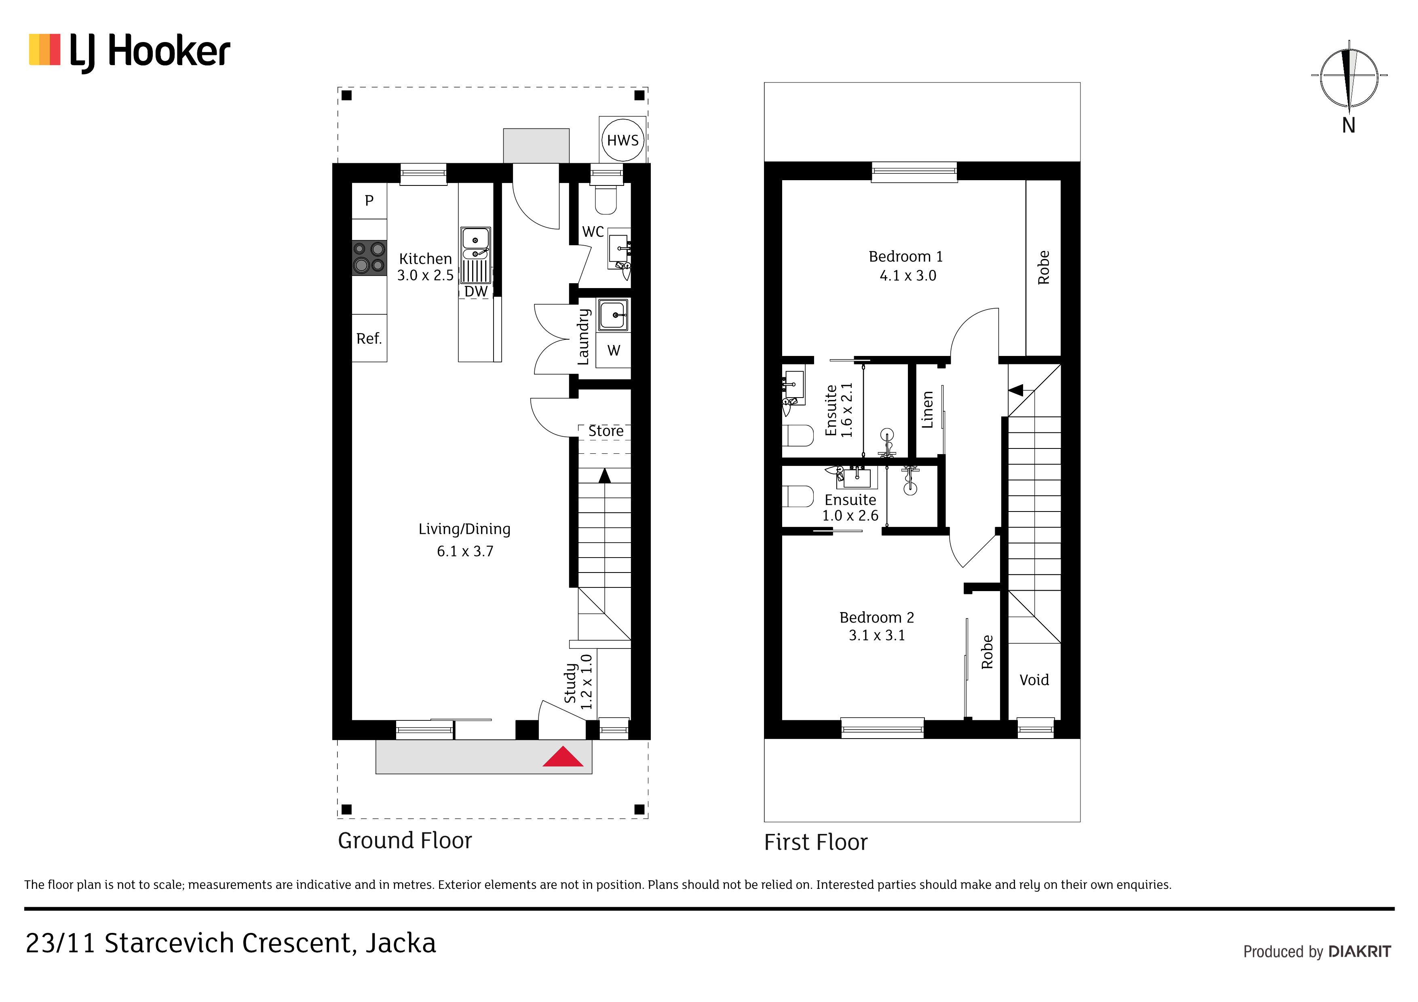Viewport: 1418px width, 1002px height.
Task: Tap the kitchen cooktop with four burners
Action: (x=369, y=257)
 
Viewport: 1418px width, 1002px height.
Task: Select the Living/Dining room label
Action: (x=464, y=529)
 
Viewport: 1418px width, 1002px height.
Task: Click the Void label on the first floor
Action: (x=1034, y=680)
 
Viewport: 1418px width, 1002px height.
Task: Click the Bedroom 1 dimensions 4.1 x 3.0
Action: (x=908, y=276)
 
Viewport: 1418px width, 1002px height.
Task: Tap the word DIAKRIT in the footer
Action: (x=1359, y=951)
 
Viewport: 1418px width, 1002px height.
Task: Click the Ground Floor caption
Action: (x=405, y=841)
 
